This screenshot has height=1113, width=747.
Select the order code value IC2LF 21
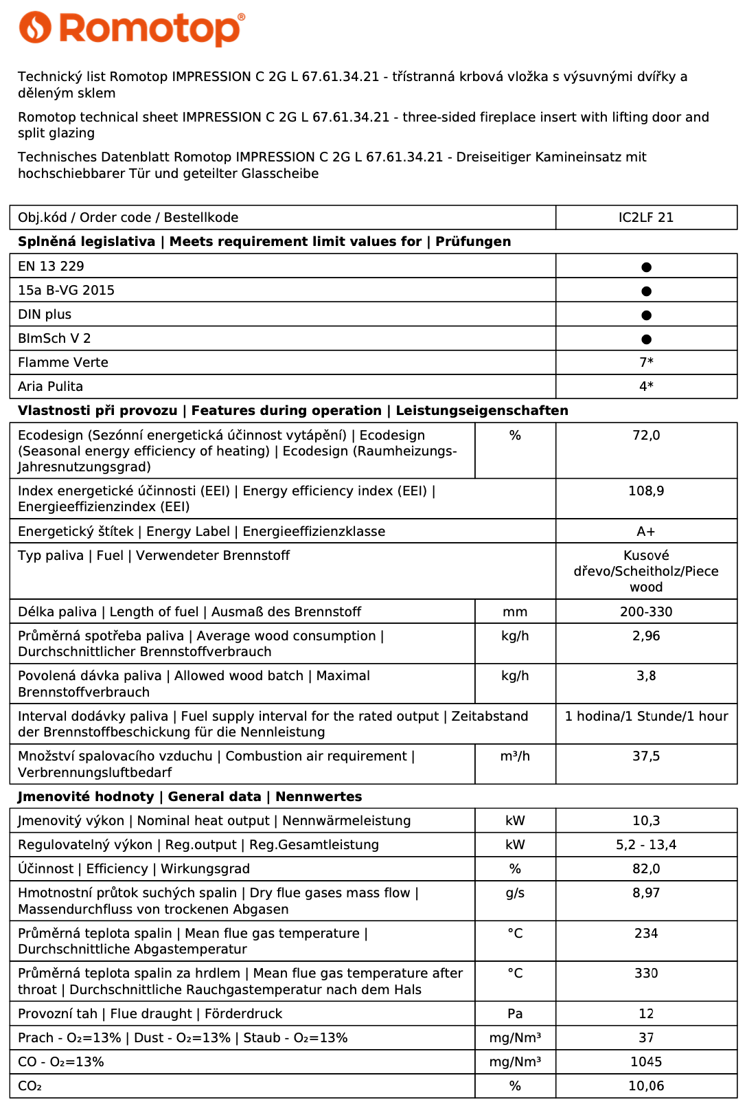tap(645, 218)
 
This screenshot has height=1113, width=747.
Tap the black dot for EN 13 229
tap(646, 267)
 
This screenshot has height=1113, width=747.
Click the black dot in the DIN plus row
tap(646, 315)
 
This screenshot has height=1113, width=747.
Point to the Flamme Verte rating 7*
tap(646, 362)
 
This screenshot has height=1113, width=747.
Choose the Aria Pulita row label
tap(50, 386)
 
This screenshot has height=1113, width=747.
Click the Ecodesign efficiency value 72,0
tap(646, 436)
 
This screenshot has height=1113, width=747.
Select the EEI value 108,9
tap(646, 491)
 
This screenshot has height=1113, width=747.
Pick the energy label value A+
tap(646, 532)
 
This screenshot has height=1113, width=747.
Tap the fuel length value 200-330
tap(646, 612)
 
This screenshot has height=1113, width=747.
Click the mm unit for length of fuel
tap(515, 612)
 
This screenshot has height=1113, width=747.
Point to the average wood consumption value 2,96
tap(646, 636)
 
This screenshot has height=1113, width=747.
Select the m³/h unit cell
tap(515, 756)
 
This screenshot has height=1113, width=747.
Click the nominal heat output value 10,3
tap(646, 821)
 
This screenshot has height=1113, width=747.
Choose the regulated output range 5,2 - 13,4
tap(646, 845)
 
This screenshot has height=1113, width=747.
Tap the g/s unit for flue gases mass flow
tap(515, 893)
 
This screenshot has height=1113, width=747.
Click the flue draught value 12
tap(646, 1014)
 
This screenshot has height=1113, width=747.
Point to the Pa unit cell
tap(515, 1014)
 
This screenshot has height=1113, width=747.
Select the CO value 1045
tap(646, 1062)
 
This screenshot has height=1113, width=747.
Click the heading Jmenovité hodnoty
tap(86, 797)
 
